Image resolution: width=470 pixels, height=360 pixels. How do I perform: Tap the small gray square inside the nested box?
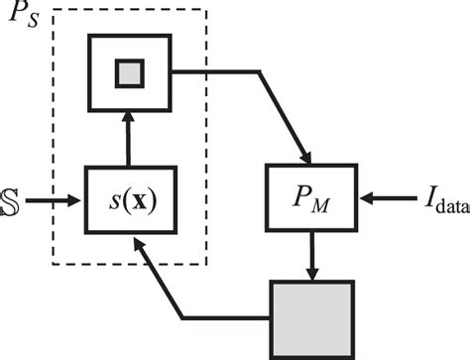pyautogui.click(x=131, y=72)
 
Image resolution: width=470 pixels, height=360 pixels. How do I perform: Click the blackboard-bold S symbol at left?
pyautogui.click(x=9, y=202)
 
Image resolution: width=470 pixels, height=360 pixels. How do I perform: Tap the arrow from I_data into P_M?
pyautogui.click(x=382, y=201)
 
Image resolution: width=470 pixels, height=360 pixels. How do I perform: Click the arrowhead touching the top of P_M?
pyautogui.click(x=308, y=159)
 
